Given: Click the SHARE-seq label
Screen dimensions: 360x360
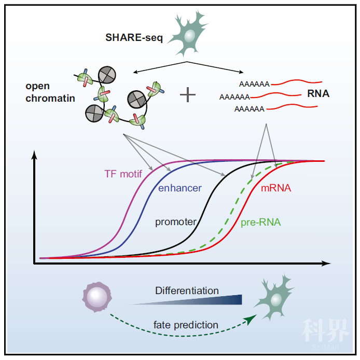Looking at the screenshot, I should pos(133,37).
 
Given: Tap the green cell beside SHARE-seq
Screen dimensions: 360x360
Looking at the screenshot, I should pos(189,36).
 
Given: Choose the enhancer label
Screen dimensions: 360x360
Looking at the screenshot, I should pos(179,188).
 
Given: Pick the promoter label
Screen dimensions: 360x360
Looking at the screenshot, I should pos(176,222).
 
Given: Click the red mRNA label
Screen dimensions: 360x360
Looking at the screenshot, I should pos(275,188).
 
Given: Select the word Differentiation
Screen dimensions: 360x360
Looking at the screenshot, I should pos(187,290).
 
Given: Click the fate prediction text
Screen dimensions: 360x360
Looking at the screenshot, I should pos(186,325).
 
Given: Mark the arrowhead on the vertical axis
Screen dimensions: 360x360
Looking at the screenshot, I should pos(34,155).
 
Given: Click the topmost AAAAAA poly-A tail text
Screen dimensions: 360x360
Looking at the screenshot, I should pos(254,84).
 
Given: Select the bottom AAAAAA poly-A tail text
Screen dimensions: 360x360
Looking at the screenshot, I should pos(250,109).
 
